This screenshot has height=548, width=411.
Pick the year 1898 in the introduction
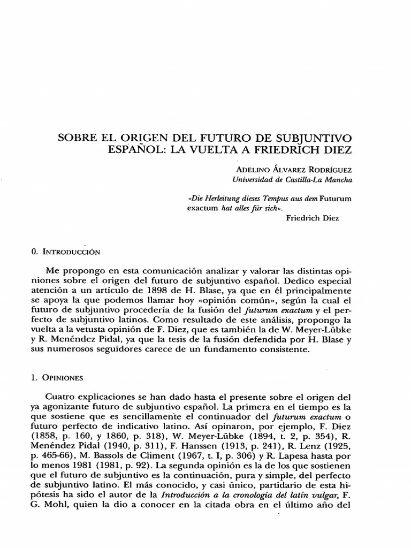click(x=154, y=291)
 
